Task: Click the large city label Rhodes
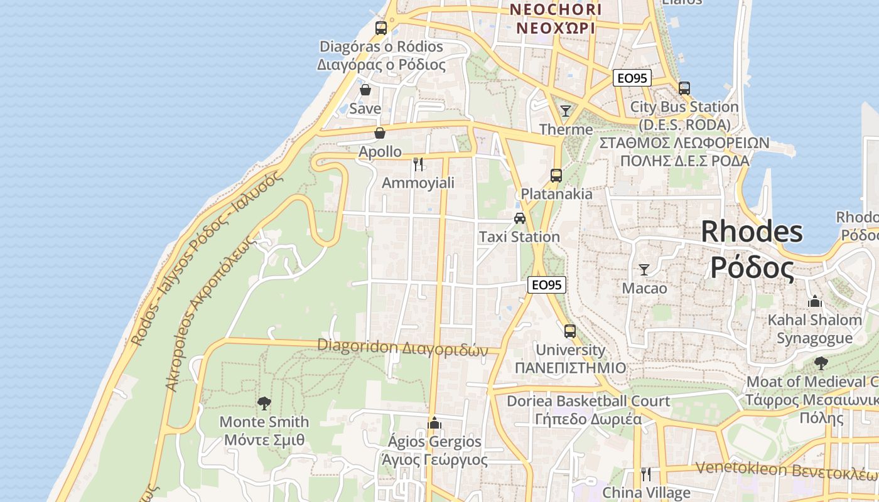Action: (752, 232)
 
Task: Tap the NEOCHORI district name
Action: (555, 10)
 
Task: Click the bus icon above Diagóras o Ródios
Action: (381, 28)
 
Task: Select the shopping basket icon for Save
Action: (365, 90)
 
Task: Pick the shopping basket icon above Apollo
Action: (380, 133)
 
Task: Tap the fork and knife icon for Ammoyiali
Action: (418, 164)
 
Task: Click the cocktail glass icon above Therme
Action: (566, 111)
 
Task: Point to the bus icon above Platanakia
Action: (556, 176)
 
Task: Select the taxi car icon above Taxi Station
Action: (519, 218)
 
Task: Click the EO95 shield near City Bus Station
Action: (632, 78)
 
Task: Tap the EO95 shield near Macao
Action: (546, 285)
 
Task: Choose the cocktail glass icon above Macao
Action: (644, 270)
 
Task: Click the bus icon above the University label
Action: (570, 331)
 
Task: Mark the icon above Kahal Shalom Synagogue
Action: (815, 302)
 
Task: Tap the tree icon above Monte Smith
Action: (264, 403)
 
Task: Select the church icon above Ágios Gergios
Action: (434, 423)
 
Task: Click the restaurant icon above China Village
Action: (646, 474)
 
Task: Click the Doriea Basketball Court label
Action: (588, 400)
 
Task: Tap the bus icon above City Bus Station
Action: (684, 88)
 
